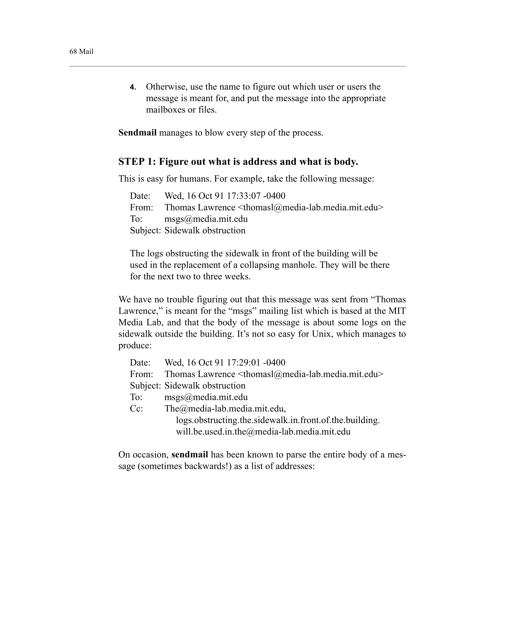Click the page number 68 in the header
pyautogui.click(x=73, y=51)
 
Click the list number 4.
pyautogui.click(x=133, y=87)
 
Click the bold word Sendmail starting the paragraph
pyautogui.click(x=137, y=133)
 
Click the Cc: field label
pyautogui.click(x=136, y=409)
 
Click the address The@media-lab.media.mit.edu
pyautogui.click(x=225, y=409)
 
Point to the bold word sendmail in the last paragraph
pyautogui.click(x=190, y=455)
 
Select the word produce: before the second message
pyautogui.click(x=135, y=346)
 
